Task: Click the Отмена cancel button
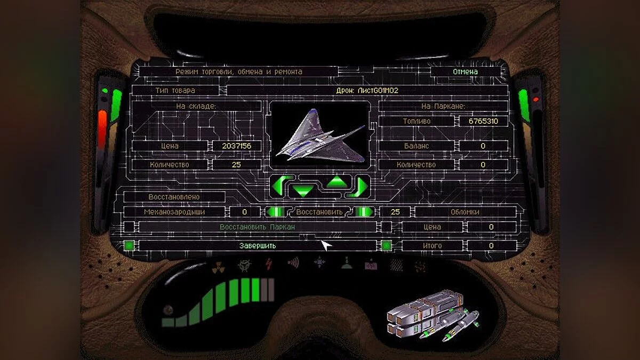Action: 465,71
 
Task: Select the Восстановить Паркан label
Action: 257,227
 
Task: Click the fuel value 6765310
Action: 483,121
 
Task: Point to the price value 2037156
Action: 237,146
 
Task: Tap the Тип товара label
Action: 175,91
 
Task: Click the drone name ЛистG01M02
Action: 378,91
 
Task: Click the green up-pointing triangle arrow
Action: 337,182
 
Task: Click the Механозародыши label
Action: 174,212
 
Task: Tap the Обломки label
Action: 465,212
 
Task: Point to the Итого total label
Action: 433,246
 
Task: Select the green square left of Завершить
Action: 129,246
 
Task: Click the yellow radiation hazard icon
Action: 218,267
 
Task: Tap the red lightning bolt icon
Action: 269,264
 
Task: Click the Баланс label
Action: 417,146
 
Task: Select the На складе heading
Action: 196,106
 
